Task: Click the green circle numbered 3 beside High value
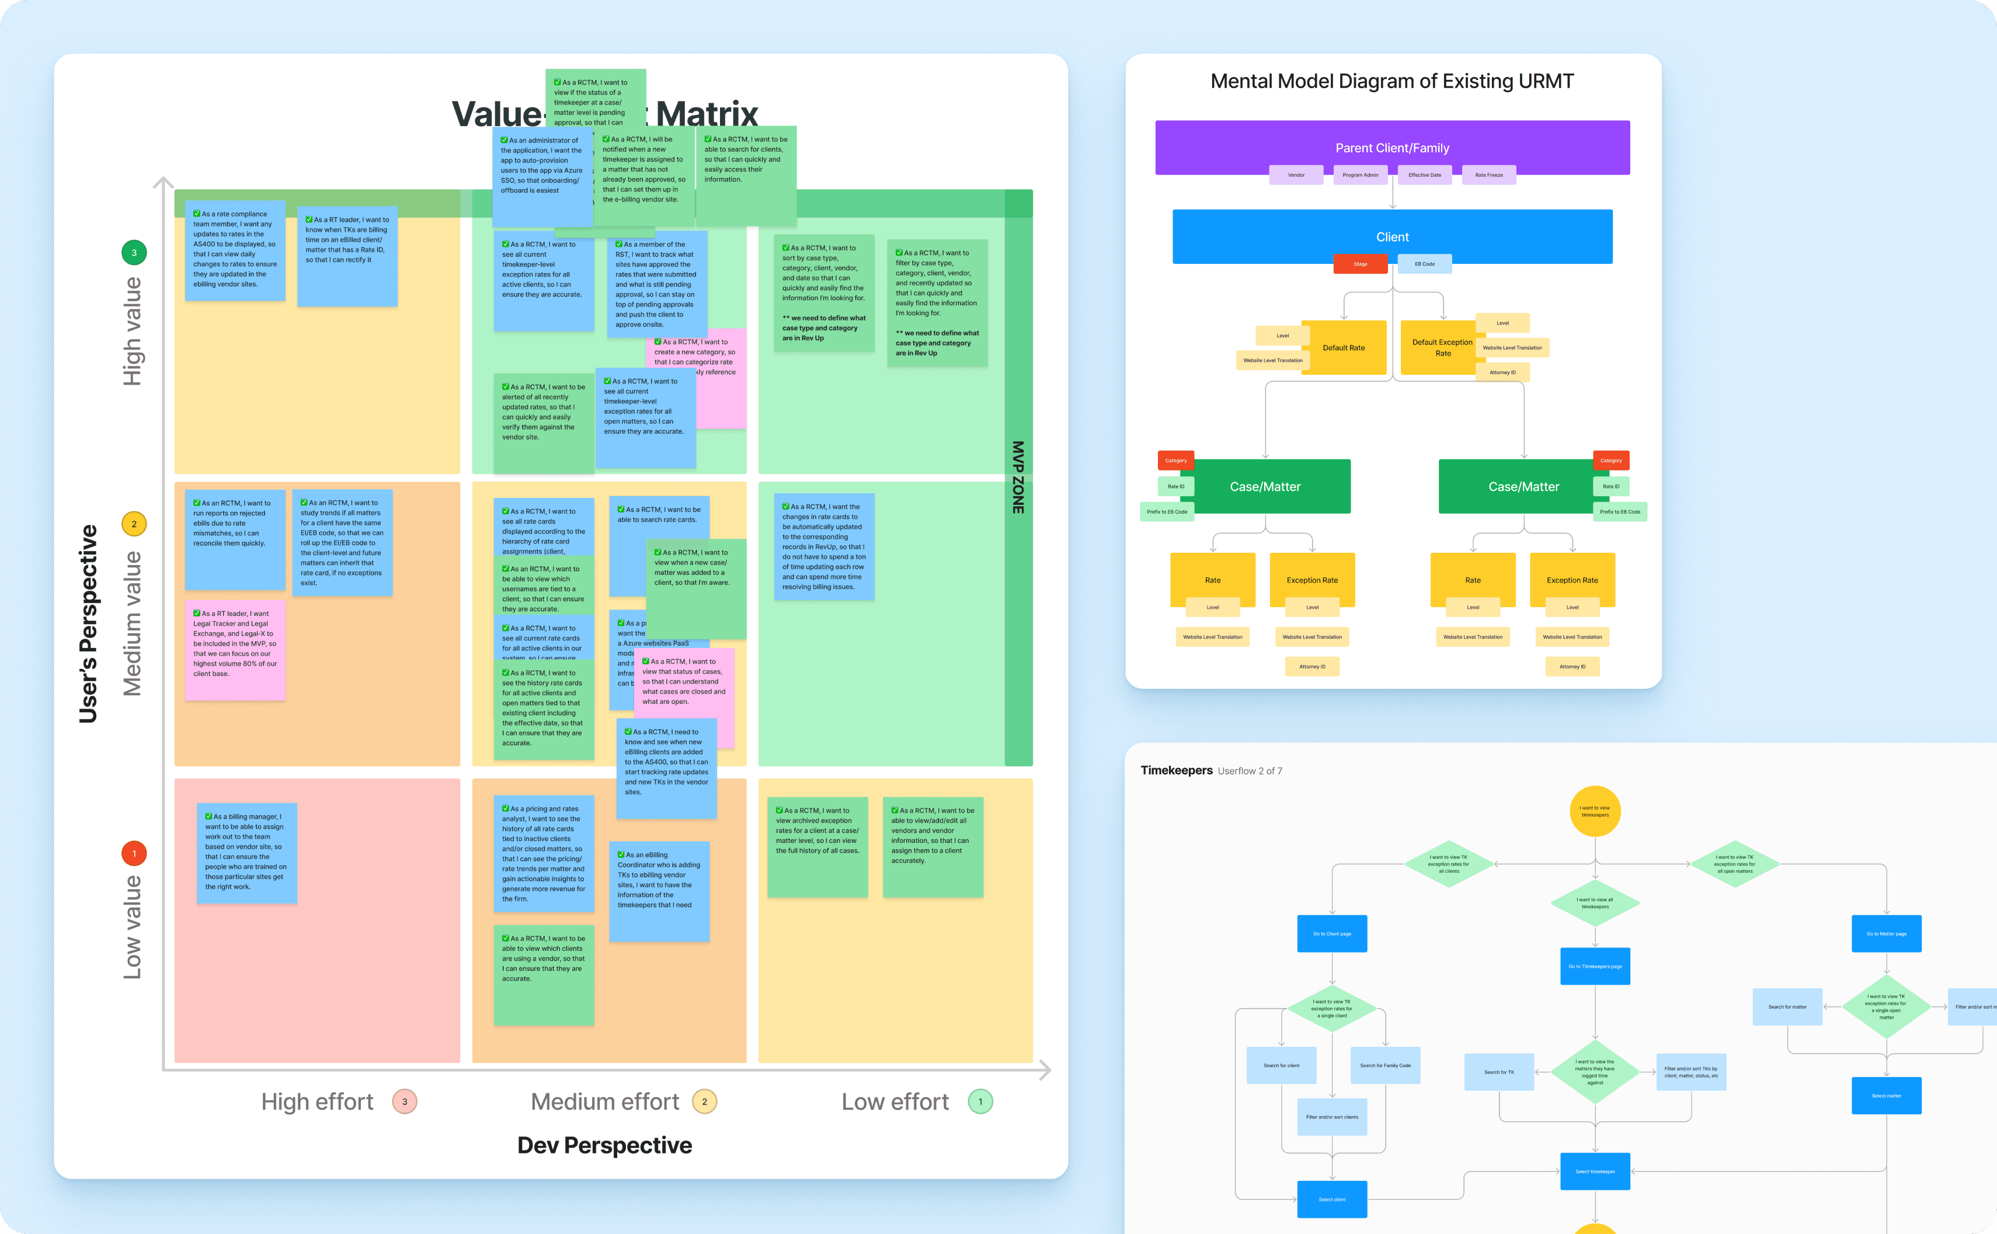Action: [x=134, y=253]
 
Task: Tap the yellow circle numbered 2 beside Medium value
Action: [x=134, y=524]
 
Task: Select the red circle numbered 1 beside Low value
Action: [x=134, y=853]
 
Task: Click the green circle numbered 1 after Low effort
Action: [x=980, y=1102]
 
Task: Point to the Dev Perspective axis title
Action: [x=604, y=1145]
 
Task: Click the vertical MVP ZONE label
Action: [x=1018, y=477]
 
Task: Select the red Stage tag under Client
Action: [x=1360, y=264]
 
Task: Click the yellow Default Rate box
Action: [x=1344, y=348]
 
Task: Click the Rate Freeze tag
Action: [x=1488, y=175]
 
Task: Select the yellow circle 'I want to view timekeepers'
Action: [x=1595, y=811]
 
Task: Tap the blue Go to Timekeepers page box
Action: [x=1595, y=966]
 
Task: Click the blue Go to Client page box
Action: [x=1331, y=933]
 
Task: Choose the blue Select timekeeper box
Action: [x=1595, y=1171]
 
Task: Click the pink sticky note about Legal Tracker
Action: [x=235, y=650]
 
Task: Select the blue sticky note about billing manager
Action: [x=246, y=853]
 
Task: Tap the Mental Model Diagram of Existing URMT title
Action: [x=1392, y=82]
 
